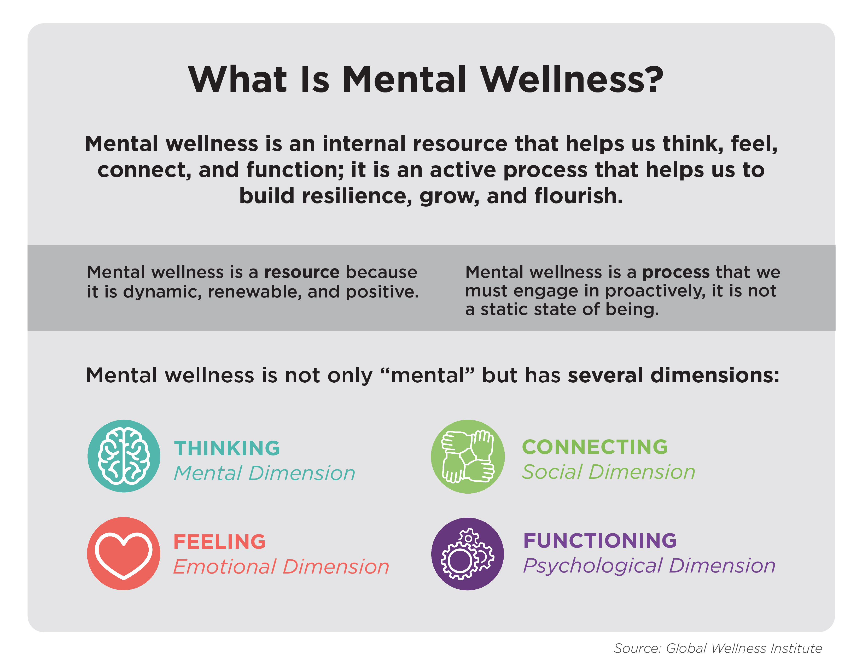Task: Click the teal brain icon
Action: point(124,456)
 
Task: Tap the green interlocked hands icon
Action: point(468,457)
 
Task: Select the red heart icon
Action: point(124,553)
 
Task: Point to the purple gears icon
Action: point(468,554)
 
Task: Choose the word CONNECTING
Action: point(595,447)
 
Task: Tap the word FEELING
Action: point(219,542)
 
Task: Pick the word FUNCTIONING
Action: point(600,541)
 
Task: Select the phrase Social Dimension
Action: point(608,472)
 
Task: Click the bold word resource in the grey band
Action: point(301,272)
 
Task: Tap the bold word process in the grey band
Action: point(676,272)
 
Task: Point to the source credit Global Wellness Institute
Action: point(744,648)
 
